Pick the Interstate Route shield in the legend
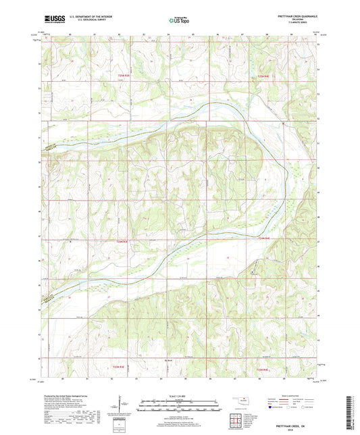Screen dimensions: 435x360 (270, 408)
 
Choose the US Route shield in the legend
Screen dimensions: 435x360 (289, 408)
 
